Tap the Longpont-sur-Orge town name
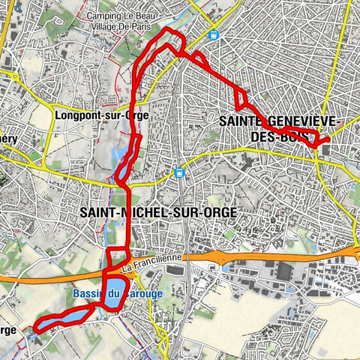[103, 115]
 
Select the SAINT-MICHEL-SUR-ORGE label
[157, 213]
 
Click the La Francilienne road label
[153, 263]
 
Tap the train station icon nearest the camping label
[214, 34]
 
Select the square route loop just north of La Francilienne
[118, 259]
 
